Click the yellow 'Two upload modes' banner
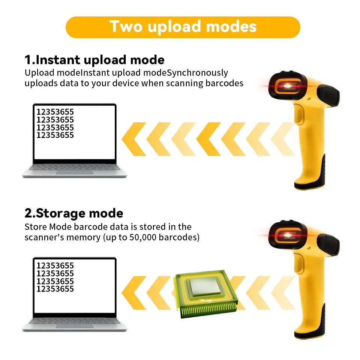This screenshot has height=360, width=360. [183, 27]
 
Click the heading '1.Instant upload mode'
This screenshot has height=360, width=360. [94, 60]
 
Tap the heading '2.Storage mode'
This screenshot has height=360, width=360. [74, 213]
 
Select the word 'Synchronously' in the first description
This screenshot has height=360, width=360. [198, 72]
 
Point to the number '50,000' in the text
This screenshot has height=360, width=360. [142, 237]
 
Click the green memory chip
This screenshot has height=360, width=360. [206, 294]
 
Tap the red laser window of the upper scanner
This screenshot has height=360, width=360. [288, 86]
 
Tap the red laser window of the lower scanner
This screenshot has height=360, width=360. [288, 235]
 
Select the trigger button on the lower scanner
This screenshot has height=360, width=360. [299, 263]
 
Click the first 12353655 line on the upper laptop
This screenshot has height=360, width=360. [55, 112]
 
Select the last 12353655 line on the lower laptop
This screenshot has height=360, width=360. [55, 289]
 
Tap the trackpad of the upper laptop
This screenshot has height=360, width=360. [75, 172]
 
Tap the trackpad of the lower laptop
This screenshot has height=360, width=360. [75, 326]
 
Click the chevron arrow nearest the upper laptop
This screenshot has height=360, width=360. [133, 139]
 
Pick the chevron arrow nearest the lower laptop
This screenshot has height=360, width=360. [133, 293]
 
